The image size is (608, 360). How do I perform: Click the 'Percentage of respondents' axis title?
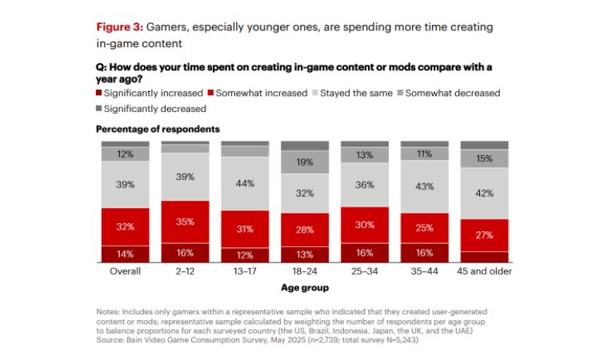pyautogui.click(x=158, y=129)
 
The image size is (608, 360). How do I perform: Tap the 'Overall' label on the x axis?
pyautogui.click(x=125, y=271)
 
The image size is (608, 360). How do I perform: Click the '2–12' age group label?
pyautogui.click(x=185, y=271)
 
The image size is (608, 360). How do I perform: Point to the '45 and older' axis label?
pyautogui.click(x=485, y=271)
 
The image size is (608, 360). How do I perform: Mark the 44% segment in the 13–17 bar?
pyautogui.click(x=245, y=183)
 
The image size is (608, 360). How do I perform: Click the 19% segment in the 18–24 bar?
pyautogui.click(x=305, y=162)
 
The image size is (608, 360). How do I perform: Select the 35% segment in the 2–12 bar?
pyautogui.click(x=185, y=222)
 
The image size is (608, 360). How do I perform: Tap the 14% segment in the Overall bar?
pyautogui.click(x=125, y=254)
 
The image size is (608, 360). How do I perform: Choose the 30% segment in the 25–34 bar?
pyautogui.click(x=365, y=225)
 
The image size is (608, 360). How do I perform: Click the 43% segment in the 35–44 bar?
pyautogui.click(x=425, y=186)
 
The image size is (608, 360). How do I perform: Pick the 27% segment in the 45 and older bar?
pyautogui.click(x=485, y=235)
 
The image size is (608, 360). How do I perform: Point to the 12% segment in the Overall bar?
pyautogui.click(x=125, y=154)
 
